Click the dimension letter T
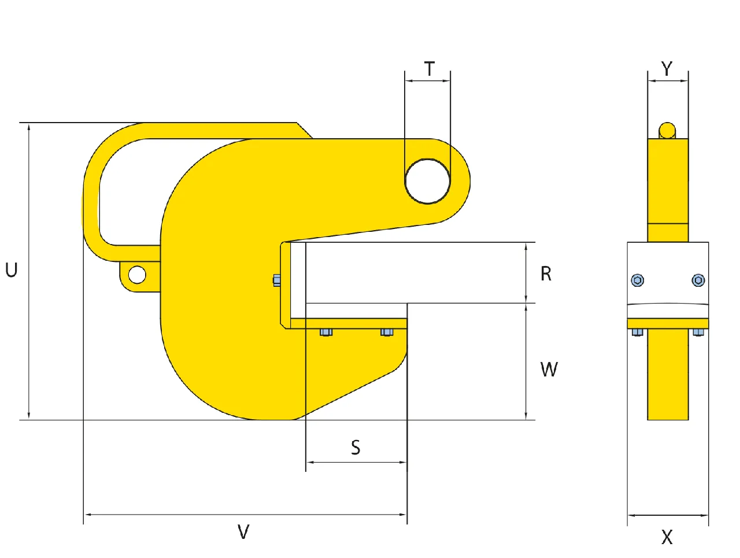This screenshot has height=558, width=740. click(x=429, y=69)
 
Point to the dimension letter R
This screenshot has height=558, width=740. click(x=546, y=274)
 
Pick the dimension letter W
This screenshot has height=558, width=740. click(x=549, y=369)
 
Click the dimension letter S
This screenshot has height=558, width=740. click(x=356, y=448)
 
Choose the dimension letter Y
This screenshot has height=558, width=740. click(x=667, y=68)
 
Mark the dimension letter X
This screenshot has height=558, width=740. click(x=667, y=537)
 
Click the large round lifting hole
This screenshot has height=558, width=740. click(x=427, y=182)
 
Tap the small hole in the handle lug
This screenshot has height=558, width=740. click(x=137, y=275)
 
